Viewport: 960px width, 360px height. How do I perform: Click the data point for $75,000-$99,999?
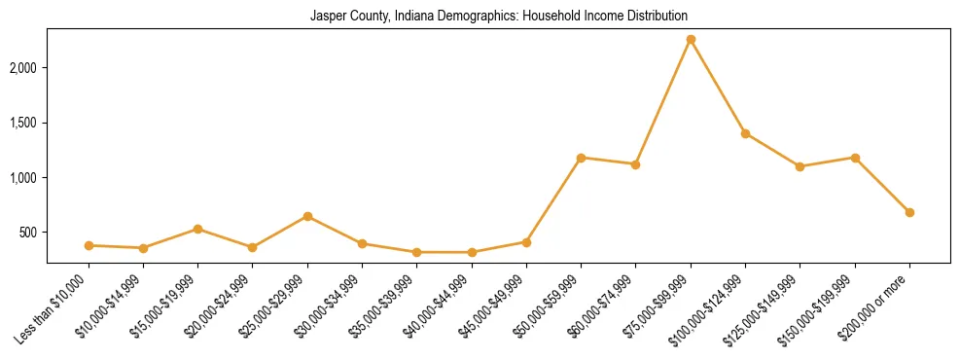click(x=691, y=39)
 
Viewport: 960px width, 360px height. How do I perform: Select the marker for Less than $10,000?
click(x=89, y=245)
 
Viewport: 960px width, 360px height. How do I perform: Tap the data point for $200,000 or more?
click(x=909, y=212)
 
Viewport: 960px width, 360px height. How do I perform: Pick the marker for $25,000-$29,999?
click(x=307, y=216)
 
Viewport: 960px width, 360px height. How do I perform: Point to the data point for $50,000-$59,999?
click(x=581, y=158)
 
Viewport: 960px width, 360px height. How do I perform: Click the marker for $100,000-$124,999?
click(x=745, y=133)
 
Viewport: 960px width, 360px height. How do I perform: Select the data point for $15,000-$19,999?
click(x=197, y=230)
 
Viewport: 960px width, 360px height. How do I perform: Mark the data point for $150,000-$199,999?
click(x=855, y=158)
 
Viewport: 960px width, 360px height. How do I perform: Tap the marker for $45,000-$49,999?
click(x=526, y=242)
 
